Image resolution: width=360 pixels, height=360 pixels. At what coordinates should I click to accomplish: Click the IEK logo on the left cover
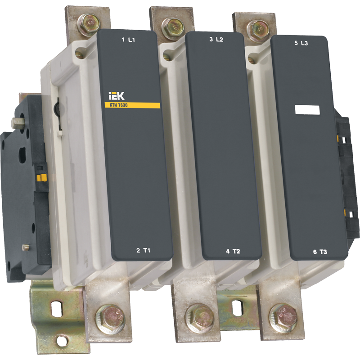pyautogui.click(x=116, y=96)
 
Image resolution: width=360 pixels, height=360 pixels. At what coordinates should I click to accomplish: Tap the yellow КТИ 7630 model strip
pyautogui.click(x=132, y=105)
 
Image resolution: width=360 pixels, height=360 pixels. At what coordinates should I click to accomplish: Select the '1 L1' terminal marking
pyautogui.click(x=128, y=40)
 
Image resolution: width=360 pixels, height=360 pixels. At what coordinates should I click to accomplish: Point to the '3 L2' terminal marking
pyautogui.click(x=216, y=40)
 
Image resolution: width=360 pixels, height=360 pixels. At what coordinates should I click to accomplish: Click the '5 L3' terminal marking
pyautogui.click(x=301, y=43)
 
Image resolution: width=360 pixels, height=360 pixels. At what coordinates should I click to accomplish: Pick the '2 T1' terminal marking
pyautogui.click(x=143, y=250)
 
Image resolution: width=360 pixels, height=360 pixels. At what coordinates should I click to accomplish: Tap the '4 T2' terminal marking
pyautogui.click(x=233, y=252)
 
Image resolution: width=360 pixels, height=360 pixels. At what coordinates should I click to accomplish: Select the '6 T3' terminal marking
pyautogui.click(x=320, y=252)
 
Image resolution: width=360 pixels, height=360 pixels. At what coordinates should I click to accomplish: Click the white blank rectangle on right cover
pyautogui.click(x=307, y=110)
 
